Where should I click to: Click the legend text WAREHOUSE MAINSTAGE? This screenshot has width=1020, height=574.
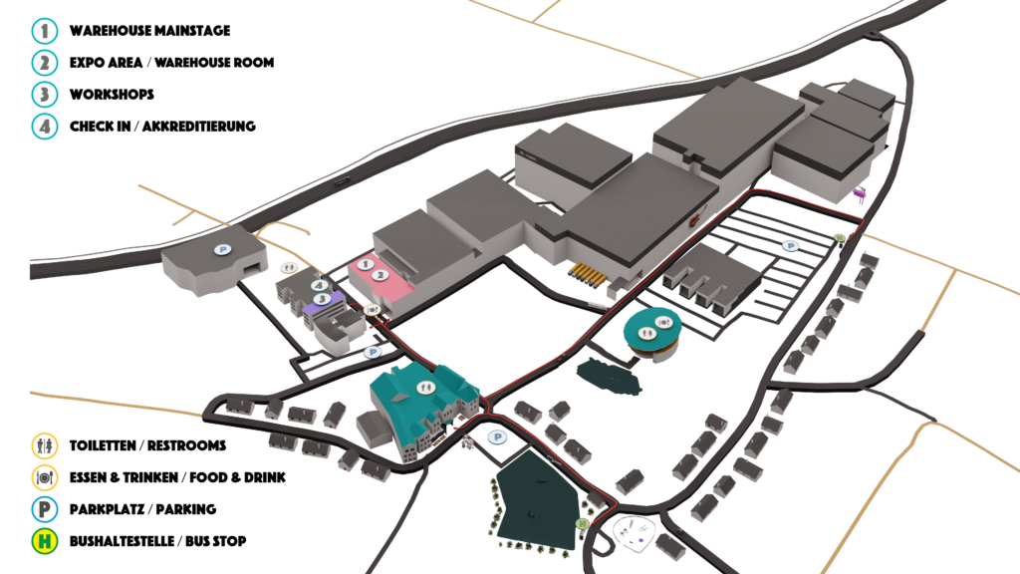click(149, 31)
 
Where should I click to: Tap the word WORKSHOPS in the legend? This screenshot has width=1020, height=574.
click(112, 95)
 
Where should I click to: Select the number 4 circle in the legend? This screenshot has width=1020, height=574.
click(45, 127)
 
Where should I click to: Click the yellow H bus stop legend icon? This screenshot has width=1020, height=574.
click(45, 541)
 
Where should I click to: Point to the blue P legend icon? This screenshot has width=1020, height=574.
click(45, 509)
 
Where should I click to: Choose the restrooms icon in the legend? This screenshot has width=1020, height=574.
click(45, 445)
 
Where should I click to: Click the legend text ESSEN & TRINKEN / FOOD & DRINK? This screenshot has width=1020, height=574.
click(177, 477)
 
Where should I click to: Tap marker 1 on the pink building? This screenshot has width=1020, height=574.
click(365, 264)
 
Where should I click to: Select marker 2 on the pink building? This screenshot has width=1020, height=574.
click(381, 275)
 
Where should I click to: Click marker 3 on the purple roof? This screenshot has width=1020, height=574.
click(322, 299)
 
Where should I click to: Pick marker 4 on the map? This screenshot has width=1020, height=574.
click(319, 285)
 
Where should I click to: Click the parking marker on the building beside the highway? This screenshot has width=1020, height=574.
click(223, 249)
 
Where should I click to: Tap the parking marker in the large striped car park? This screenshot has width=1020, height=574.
click(790, 246)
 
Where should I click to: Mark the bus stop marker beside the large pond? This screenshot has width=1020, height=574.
click(582, 523)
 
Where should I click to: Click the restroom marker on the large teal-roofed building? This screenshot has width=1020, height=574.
click(424, 388)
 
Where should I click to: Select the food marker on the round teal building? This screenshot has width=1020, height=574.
click(662, 322)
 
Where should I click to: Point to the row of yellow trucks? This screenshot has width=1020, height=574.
click(588, 275)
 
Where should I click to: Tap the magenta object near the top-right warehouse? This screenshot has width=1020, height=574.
click(860, 193)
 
